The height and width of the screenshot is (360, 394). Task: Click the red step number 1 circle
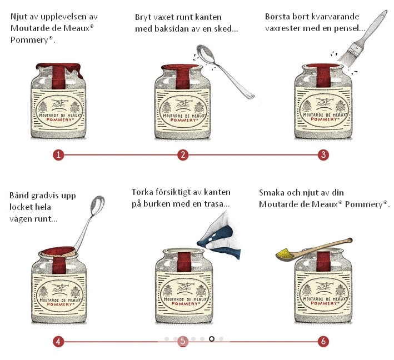point(58,155)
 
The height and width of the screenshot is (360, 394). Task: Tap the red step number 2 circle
point(183,155)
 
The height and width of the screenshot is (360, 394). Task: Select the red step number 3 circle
point(323,155)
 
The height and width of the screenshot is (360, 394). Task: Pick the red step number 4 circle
point(58,342)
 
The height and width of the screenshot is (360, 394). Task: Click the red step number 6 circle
point(323,342)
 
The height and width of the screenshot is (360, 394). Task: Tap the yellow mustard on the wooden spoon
point(285,253)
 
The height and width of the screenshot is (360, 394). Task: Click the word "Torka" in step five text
point(142,192)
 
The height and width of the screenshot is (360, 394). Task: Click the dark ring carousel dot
point(212,339)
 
